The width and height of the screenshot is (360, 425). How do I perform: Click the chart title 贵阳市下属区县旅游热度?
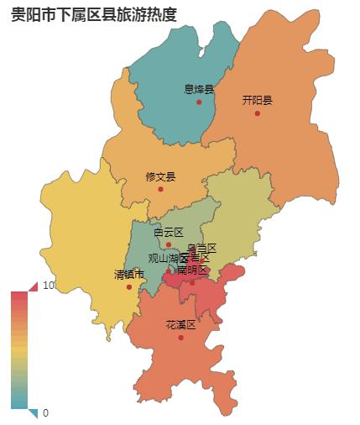pos(94,14)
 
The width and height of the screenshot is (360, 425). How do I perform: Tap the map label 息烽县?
pos(199,89)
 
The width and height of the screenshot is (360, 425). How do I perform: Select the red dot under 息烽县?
pos(199,102)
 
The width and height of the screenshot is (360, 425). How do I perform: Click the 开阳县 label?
pos(258,100)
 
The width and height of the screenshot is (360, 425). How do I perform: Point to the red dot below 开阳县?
pos(258,113)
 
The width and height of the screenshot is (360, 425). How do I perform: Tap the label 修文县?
pos(160,176)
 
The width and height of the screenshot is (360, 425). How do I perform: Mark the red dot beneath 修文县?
pos(160,189)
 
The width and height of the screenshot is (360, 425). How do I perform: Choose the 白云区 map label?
pos(168,232)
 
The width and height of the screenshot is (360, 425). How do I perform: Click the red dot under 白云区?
pos(169,244)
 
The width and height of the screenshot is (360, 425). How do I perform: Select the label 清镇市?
pos(129,275)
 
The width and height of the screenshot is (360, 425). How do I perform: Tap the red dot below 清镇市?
pos(129,287)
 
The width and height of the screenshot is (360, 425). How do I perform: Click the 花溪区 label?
pos(180,325)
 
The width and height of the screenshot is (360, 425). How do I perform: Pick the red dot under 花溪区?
pos(180,338)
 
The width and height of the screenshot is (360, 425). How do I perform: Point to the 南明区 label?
pos(192,270)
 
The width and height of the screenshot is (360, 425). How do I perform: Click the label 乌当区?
pos(202,248)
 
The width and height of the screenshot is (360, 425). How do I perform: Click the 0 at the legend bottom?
pos(45,412)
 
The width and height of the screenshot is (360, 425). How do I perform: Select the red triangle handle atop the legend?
pos(33,287)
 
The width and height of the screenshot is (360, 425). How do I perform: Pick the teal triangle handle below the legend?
pos(33,412)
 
